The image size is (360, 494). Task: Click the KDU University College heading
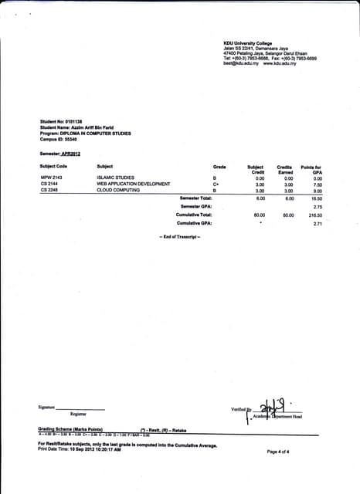[247, 42]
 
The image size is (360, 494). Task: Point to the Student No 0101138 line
[61, 122]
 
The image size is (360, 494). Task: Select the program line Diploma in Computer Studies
[85, 133]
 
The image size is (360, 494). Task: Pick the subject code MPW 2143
[51, 178]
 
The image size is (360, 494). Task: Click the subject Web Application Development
[133, 184]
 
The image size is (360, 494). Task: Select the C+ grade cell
[216, 184]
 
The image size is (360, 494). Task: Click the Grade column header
[219, 167]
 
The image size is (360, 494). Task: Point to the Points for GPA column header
[311, 169]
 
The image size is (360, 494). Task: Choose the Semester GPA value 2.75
[317, 207]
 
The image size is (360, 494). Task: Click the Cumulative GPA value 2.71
[317, 224]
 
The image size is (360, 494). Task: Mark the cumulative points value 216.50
[314, 215]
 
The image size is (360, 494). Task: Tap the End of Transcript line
[179, 235]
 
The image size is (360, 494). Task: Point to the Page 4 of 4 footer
[277, 452]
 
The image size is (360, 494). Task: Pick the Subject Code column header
[53, 167]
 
